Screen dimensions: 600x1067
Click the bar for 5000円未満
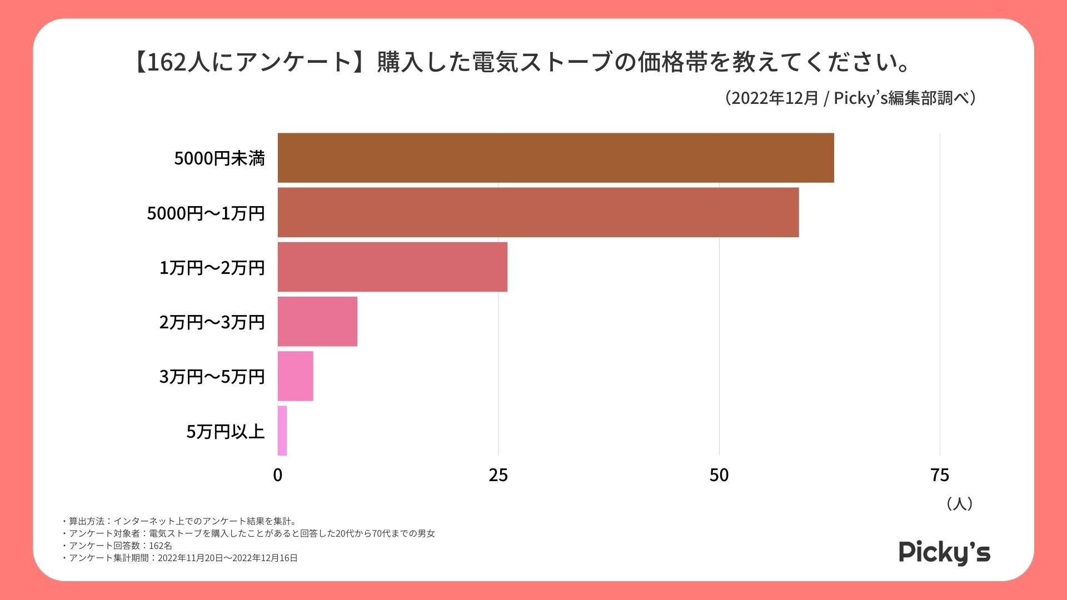coord(556,158)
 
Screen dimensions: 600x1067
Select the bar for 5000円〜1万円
coord(538,212)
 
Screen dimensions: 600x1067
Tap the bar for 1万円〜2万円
coord(392,267)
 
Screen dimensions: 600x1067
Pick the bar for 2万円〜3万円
coord(317,321)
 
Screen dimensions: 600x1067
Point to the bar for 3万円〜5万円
coord(295,376)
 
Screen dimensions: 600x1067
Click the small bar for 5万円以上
coord(282,431)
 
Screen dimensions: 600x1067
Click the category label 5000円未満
coord(220,158)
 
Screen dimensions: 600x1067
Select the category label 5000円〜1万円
coord(206,213)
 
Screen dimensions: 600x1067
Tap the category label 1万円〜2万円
coord(212,267)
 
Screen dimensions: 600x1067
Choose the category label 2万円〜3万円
coord(212,322)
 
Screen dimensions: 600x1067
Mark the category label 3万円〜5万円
coord(212,376)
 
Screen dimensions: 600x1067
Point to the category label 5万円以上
coord(225,431)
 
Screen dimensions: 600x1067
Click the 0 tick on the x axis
coord(278,475)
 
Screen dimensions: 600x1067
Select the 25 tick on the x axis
coord(498,475)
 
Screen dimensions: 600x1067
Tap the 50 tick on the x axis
coord(719,475)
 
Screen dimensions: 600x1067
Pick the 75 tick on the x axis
coord(940,475)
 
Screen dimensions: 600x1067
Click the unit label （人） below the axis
coord(959,504)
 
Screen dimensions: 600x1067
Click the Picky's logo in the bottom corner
coord(944,552)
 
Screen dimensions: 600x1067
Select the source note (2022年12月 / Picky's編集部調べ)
coord(850,98)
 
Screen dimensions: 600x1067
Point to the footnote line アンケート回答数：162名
coord(119,546)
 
